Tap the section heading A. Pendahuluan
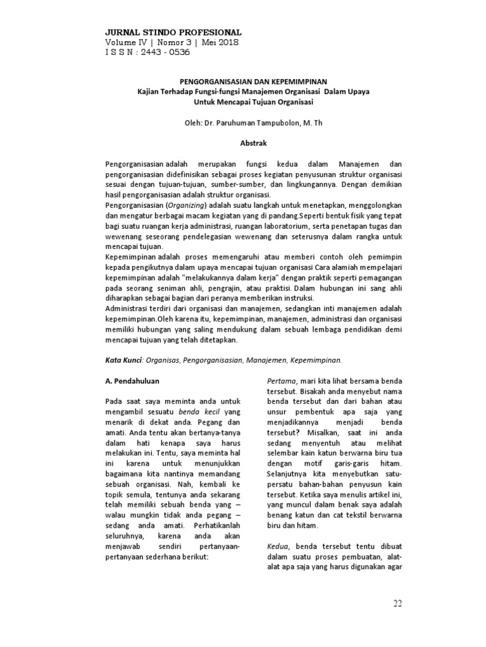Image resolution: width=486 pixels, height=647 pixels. click(132, 381)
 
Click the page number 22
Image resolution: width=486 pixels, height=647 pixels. click(397, 603)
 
